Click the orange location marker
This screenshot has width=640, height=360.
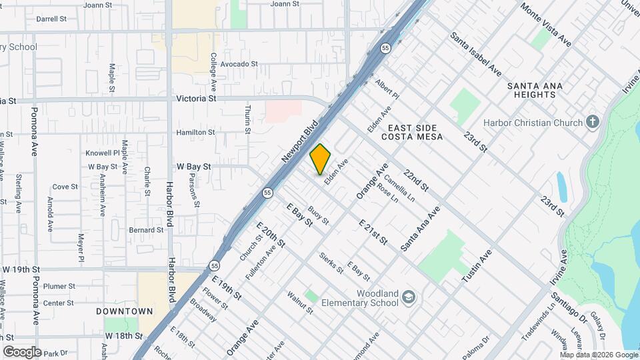pos(321,159)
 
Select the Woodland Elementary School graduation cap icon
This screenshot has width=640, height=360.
pos(408,298)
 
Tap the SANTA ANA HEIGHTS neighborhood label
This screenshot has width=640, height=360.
pos(535,90)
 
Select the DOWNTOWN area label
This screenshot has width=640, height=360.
pos(124,311)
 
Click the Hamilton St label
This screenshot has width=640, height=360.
pos(195,133)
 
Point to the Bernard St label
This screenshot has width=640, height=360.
pos(146,230)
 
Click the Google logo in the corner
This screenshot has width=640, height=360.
pos(22,351)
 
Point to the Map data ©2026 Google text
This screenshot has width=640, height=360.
pos(598,355)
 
